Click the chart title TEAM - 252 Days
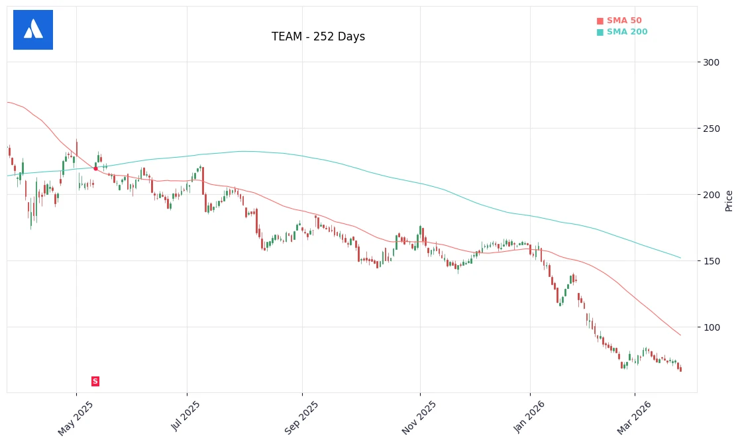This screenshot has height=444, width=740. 318,37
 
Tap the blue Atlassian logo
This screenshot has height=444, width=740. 33,30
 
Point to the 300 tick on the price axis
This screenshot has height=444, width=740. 711,62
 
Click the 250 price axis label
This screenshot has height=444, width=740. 711,129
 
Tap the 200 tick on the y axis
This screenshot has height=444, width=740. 711,195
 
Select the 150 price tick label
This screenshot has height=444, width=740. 711,261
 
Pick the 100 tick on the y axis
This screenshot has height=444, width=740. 711,327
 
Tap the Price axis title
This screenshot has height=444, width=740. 729,200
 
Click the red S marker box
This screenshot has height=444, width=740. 95,381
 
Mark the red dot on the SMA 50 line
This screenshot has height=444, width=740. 95,168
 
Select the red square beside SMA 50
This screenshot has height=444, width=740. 600,21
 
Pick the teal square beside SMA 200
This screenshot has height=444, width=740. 600,32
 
